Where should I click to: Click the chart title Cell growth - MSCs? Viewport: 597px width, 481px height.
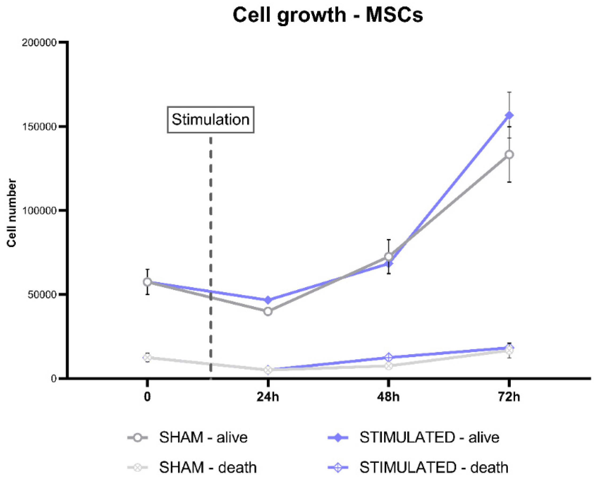click(x=327, y=15)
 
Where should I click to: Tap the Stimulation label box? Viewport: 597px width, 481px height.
click(x=210, y=120)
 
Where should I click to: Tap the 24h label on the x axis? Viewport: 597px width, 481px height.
click(x=267, y=397)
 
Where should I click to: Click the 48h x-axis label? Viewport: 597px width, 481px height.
click(x=388, y=397)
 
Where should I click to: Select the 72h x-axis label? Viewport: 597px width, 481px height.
click(x=509, y=397)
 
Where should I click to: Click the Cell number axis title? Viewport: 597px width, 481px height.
click(x=12, y=213)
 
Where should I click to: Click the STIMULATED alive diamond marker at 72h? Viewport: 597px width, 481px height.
click(x=509, y=115)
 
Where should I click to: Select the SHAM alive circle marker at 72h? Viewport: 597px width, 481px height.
click(x=509, y=155)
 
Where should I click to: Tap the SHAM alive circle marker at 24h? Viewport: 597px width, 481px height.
click(x=268, y=311)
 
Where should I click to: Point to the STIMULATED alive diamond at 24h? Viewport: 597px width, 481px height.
click(x=268, y=300)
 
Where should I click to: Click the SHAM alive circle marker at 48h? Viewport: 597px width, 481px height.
click(x=388, y=257)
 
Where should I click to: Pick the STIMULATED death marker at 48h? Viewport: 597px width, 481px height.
click(x=388, y=357)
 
